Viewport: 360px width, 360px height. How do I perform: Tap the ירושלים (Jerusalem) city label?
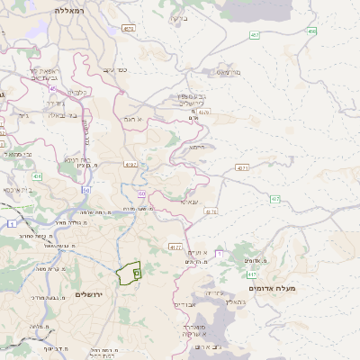pos(91,294)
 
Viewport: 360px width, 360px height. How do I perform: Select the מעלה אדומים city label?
pos(300,289)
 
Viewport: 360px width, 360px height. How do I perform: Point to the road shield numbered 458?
pos(311,31)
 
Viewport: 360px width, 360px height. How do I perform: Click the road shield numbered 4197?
pos(131,165)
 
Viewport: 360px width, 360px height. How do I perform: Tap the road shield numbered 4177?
pos(175,246)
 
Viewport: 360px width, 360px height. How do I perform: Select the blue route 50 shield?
pos(86,190)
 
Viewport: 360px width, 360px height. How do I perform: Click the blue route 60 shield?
pos(141,193)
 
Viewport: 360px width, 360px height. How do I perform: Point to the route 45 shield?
pos(52,89)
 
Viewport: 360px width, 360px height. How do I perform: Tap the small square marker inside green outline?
pos(136,270)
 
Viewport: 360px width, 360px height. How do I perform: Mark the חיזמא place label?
pos(196,148)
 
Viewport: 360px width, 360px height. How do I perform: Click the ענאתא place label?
pos(187,203)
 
